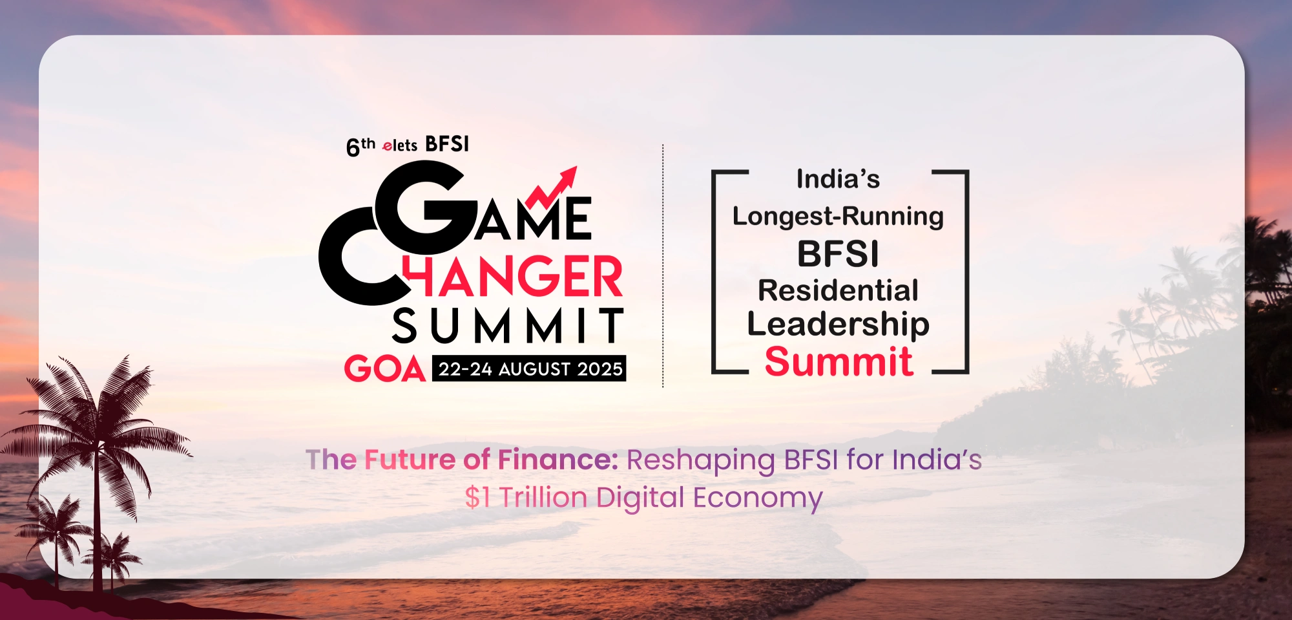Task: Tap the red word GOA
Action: coord(384,369)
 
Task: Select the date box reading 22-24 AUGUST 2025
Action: coord(529,369)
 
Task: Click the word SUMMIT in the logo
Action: coord(508,325)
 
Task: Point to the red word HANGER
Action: coord(513,276)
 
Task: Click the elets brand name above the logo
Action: coord(400,145)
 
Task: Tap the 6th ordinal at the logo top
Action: coord(360,147)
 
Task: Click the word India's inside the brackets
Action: coord(838,179)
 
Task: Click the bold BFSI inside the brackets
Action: coord(838,253)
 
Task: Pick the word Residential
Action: coord(838,290)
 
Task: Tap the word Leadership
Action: coord(838,325)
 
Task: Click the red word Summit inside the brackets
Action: coord(839,361)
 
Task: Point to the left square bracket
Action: coord(714,272)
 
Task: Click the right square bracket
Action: coord(966,272)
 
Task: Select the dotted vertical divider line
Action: coord(663,266)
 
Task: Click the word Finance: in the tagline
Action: coord(557,460)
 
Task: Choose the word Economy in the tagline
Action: coord(758,498)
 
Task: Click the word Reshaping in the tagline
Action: coord(701,461)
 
